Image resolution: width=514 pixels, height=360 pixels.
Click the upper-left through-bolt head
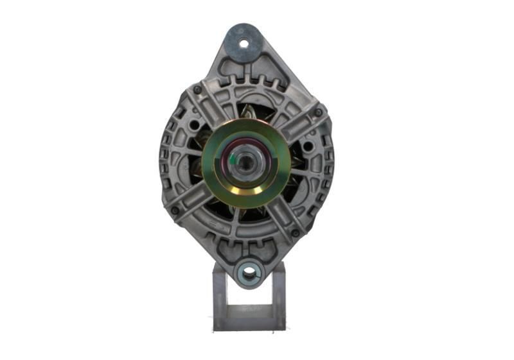tap(195, 90)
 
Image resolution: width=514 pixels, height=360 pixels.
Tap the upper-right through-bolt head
tap(317, 113)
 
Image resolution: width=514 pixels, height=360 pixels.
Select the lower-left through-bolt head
tap(175, 210)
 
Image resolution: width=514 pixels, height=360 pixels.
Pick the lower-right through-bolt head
tap(296, 233)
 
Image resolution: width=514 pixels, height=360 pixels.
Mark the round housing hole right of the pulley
tap(308, 147)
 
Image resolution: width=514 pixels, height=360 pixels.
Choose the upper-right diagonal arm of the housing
tap(296, 125)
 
